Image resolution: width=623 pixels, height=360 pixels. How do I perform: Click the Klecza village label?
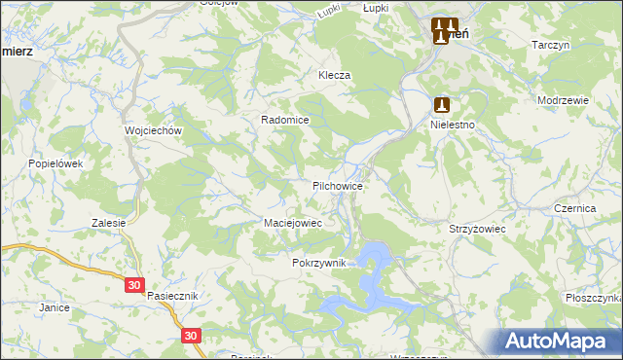[333, 75]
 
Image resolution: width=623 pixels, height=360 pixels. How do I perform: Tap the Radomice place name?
[284, 120]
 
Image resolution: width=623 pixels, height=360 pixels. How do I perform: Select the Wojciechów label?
[148, 129]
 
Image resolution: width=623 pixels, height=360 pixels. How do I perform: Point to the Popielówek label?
[56, 163]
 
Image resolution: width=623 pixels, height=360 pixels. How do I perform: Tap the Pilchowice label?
[338, 185]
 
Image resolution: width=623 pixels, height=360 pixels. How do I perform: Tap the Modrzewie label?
[563, 101]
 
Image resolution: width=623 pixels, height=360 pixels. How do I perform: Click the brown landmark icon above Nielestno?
[442, 103]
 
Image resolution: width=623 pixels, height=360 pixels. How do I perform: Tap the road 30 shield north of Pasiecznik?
[134, 285]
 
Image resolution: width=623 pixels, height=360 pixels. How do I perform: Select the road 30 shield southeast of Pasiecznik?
[191, 335]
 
